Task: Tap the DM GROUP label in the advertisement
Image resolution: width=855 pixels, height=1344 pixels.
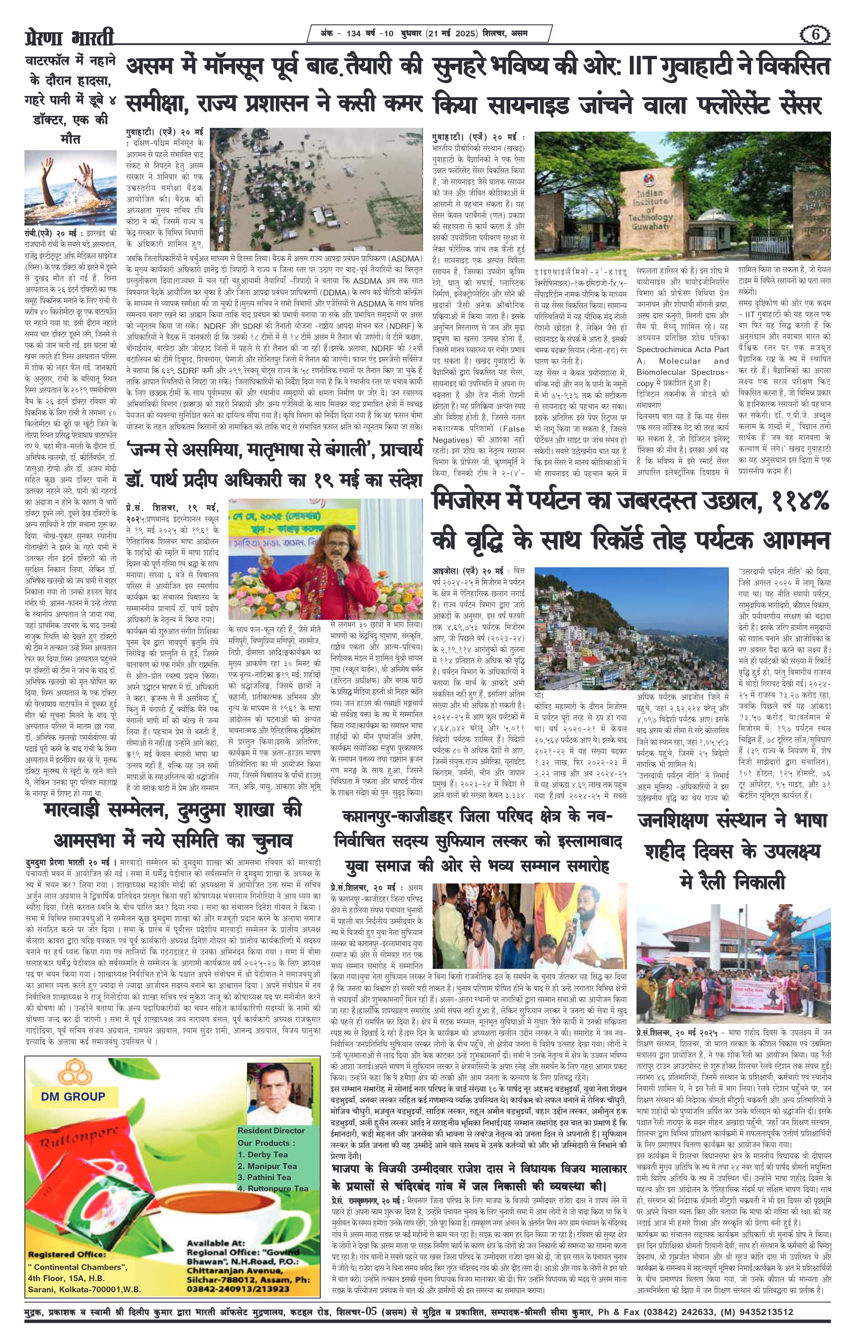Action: coord(72,1097)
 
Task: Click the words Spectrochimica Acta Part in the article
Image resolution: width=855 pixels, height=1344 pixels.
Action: coord(682,349)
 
